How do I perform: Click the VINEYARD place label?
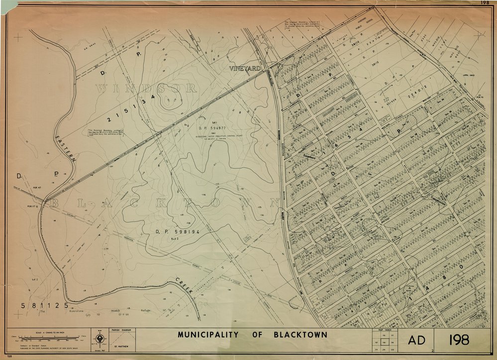pos(245,69)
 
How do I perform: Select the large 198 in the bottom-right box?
pos(459,340)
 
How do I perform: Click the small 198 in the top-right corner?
pos(485,2)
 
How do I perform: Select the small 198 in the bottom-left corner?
pos(9,357)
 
